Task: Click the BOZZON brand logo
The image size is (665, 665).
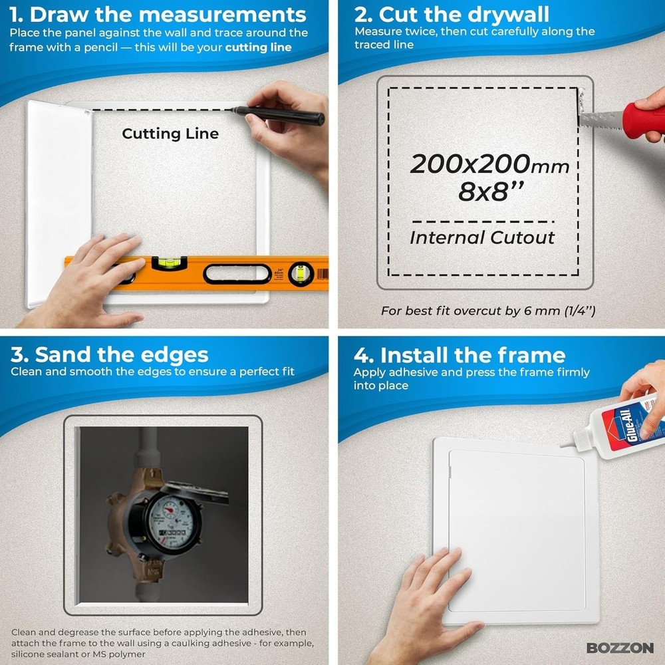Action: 620,648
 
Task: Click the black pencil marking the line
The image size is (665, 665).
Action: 279,114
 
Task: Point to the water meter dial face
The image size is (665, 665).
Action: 167,516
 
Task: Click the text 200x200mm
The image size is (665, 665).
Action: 489,164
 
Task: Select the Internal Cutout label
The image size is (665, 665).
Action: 482,237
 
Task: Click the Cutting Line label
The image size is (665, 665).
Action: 170,134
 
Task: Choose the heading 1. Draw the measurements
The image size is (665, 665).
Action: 158,15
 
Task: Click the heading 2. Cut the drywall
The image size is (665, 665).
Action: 452,14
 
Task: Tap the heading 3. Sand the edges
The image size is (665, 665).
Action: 110,354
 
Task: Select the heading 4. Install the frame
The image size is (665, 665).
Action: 460,354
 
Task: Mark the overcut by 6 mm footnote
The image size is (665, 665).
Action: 488,311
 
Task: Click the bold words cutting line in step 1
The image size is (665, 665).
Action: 258,47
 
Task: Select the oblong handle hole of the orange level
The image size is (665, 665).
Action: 236,273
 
